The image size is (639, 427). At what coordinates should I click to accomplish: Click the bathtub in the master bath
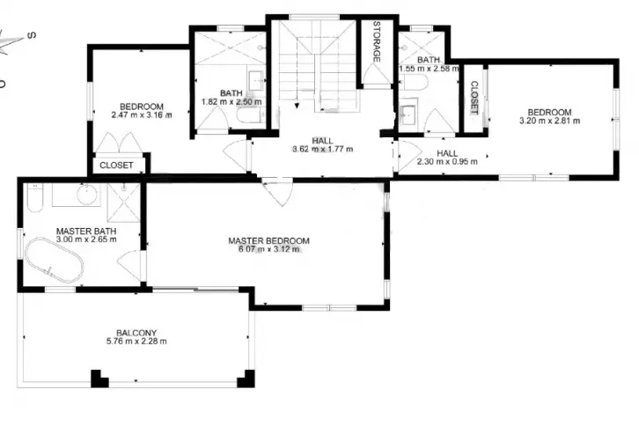[x=55, y=260]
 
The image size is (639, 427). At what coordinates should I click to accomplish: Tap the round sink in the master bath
[x=88, y=194]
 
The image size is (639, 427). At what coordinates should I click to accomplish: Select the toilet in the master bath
[x=34, y=197]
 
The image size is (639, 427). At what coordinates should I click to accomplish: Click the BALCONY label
[x=136, y=333]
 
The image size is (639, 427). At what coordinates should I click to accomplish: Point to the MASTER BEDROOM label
[x=268, y=240]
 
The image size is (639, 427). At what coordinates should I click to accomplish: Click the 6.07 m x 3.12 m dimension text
[x=268, y=249]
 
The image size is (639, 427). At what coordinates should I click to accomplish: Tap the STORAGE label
[x=377, y=41]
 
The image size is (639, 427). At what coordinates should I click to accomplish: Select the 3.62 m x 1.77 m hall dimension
[x=322, y=149]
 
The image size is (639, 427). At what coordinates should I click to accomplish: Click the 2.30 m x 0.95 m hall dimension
[x=447, y=161]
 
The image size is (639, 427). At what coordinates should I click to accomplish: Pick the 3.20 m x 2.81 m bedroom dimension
[x=549, y=121]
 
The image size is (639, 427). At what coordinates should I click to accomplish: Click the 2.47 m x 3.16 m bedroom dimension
[x=142, y=115]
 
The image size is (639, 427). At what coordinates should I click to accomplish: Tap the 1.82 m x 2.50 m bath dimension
[x=231, y=101]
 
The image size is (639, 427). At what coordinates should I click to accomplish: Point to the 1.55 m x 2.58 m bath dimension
[x=429, y=69]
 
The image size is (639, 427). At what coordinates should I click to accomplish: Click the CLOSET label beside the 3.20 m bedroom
[x=474, y=98]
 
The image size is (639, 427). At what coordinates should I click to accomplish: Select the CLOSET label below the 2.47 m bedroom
[x=116, y=166]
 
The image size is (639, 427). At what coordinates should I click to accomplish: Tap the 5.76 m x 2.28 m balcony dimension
[x=136, y=342]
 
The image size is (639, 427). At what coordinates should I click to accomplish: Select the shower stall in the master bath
[x=123, y=202]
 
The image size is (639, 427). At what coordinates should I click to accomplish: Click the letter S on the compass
[x=32, y=35]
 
